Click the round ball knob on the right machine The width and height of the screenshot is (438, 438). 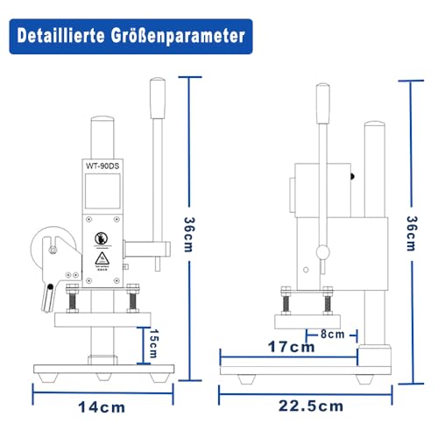323,252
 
